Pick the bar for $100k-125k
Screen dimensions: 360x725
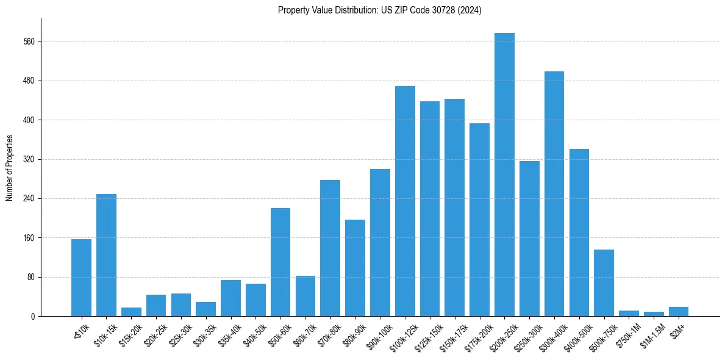[405, 201]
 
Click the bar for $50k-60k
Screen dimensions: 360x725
[280, 262]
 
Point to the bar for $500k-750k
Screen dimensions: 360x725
[604, 283]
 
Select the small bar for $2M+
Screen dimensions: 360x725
[678, 312]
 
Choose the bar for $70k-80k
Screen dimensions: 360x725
[330, 248]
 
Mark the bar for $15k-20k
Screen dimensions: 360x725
[131, 312]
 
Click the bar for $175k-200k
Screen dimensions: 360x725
[479, 220]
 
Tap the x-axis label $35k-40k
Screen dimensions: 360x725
[228, 333]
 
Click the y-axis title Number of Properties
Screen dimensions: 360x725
[9, 168]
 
